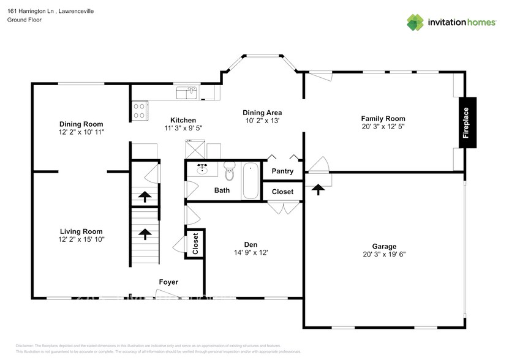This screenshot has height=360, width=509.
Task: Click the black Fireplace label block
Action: [x=467, y=122]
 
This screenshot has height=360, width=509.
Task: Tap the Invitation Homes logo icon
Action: [x=416, y=22]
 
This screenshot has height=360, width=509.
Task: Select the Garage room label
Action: [x=384, y=246]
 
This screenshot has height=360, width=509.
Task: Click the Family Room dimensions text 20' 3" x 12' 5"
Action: [x=383, y=126]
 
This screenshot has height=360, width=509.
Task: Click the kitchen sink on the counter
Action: [x=186, y=93]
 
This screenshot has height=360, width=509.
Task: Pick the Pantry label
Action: [x=282, y=171]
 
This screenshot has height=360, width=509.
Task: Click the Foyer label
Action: [x=168, y=282]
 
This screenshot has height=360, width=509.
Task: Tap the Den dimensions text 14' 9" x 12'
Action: [x=251, y=252]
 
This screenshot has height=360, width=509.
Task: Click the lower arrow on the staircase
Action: [x=145, y=234]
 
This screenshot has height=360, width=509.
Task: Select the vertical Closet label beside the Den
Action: [x=195, y=243]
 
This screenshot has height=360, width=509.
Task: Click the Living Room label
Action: [x=81, y=231]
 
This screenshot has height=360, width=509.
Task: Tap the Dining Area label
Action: [x=262, y=113]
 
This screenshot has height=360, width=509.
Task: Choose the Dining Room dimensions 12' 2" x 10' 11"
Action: [x=81, y=132]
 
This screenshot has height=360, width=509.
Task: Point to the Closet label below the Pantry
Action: [x=282, y=192]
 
